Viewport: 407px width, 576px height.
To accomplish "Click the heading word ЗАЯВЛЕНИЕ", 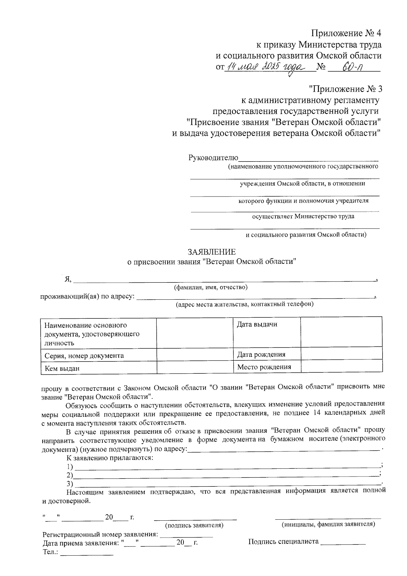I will (212, 252).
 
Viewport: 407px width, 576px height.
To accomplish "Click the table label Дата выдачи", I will (257, 324).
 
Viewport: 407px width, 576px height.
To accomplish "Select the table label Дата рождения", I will (261, 355).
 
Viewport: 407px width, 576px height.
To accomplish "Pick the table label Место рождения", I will (264, 367).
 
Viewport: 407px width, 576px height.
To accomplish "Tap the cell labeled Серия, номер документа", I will (84, 356).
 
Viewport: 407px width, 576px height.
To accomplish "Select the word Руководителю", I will (213, 158).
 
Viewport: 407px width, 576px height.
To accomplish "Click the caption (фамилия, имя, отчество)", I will (211, 287).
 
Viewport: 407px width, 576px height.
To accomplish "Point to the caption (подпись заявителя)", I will (194, 525).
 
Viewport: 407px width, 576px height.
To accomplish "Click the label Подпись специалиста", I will (283, 541).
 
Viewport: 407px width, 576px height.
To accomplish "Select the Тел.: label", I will (51, 552).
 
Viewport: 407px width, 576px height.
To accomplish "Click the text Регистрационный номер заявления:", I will (100, 535).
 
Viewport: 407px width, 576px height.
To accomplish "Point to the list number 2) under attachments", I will (70, 475).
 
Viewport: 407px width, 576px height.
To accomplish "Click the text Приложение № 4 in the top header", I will (346, 33).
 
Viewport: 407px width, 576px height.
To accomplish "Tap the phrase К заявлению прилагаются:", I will (110, 458).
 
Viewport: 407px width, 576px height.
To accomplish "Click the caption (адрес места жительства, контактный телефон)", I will (244, 304).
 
